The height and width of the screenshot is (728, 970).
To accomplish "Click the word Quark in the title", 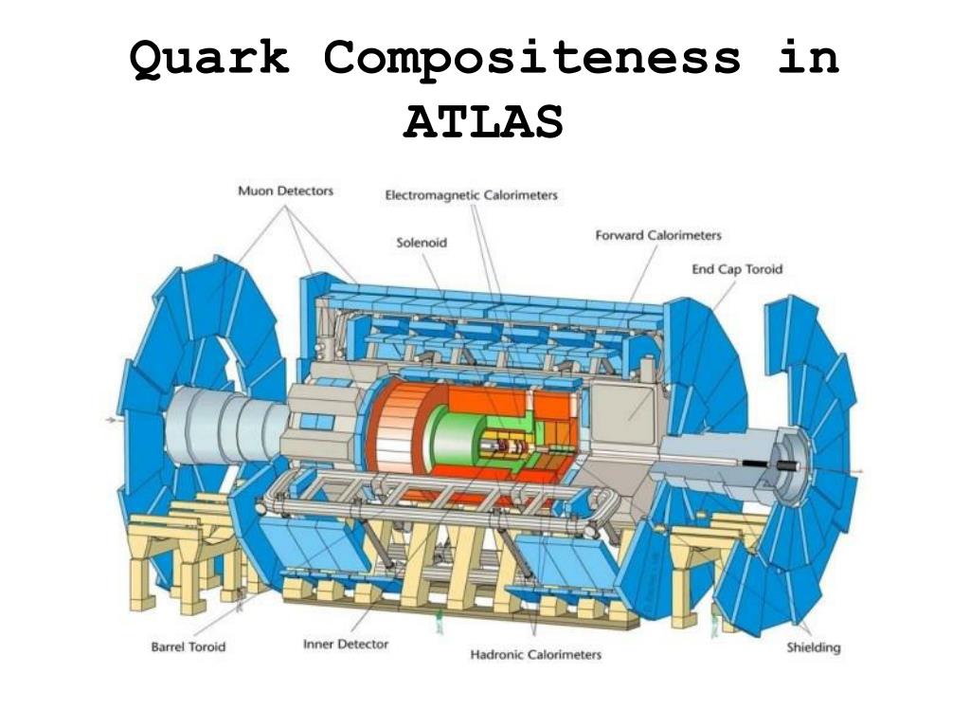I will [207, 59].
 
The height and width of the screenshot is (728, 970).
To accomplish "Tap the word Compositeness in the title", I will [531, 59].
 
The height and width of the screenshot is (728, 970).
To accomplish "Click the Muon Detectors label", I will [285, 191].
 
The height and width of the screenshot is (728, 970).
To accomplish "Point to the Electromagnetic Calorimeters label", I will [471, 195].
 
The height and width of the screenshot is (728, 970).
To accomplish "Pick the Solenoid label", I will [422, 243].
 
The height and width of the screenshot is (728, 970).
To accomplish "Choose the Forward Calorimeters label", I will [658, 235].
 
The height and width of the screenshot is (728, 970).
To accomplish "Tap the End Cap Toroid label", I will [737, 269].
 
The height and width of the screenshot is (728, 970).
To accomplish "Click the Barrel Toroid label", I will [189, 648].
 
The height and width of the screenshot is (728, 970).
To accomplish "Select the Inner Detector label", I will [346, 645].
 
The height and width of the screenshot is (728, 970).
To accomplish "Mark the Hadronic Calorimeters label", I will [536, 654].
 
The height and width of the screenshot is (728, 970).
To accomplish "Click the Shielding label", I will [814, 648].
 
